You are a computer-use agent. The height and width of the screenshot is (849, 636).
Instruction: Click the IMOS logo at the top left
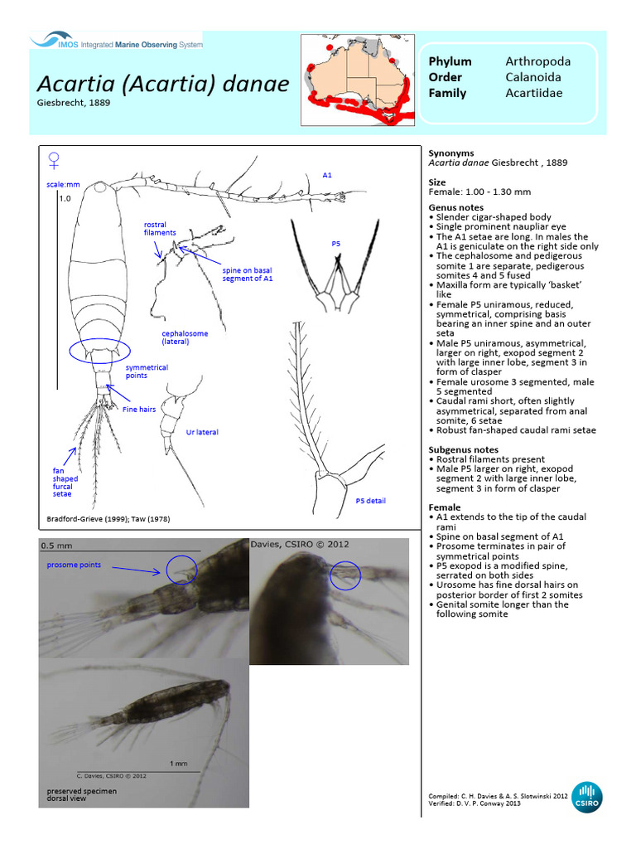tap(116, 41)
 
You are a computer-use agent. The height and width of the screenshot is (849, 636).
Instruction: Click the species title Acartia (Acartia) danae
tap(162, 85)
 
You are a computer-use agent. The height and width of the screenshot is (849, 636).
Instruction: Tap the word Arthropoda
tap(537, 61)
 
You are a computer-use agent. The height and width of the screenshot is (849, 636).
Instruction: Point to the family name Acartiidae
tap(533, 93)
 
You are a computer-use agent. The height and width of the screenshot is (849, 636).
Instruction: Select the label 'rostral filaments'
tap(160, 229)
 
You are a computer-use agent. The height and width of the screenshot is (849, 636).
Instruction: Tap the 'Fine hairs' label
tap(140, 409)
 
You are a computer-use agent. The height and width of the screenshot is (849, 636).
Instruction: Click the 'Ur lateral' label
tap(202, 432)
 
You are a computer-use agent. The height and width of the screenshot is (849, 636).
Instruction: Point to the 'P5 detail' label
tap(370, 501)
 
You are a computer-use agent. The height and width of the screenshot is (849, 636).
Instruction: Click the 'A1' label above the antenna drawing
tap(327, 175)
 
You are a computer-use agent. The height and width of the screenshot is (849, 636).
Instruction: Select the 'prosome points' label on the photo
tap(74, 565)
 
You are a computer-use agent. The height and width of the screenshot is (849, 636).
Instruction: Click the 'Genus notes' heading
tap(456, 207)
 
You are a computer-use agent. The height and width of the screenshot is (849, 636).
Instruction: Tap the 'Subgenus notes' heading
tap(463, 449)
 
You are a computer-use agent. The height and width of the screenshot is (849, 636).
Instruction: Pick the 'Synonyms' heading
tap(451, 153)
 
